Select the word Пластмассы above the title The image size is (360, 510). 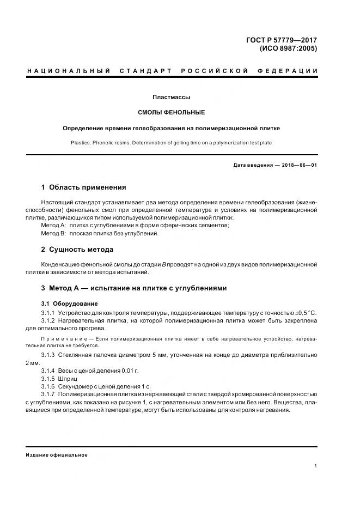coord(172,98)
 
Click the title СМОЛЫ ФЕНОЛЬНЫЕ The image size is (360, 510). coord(172,113)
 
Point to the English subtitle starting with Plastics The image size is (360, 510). coord(172,143)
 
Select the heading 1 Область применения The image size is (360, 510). coord(83,187)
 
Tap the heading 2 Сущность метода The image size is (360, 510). coord(77,250)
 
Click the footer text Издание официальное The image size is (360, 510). coord(57,455)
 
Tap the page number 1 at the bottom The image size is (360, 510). coord(315,466)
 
